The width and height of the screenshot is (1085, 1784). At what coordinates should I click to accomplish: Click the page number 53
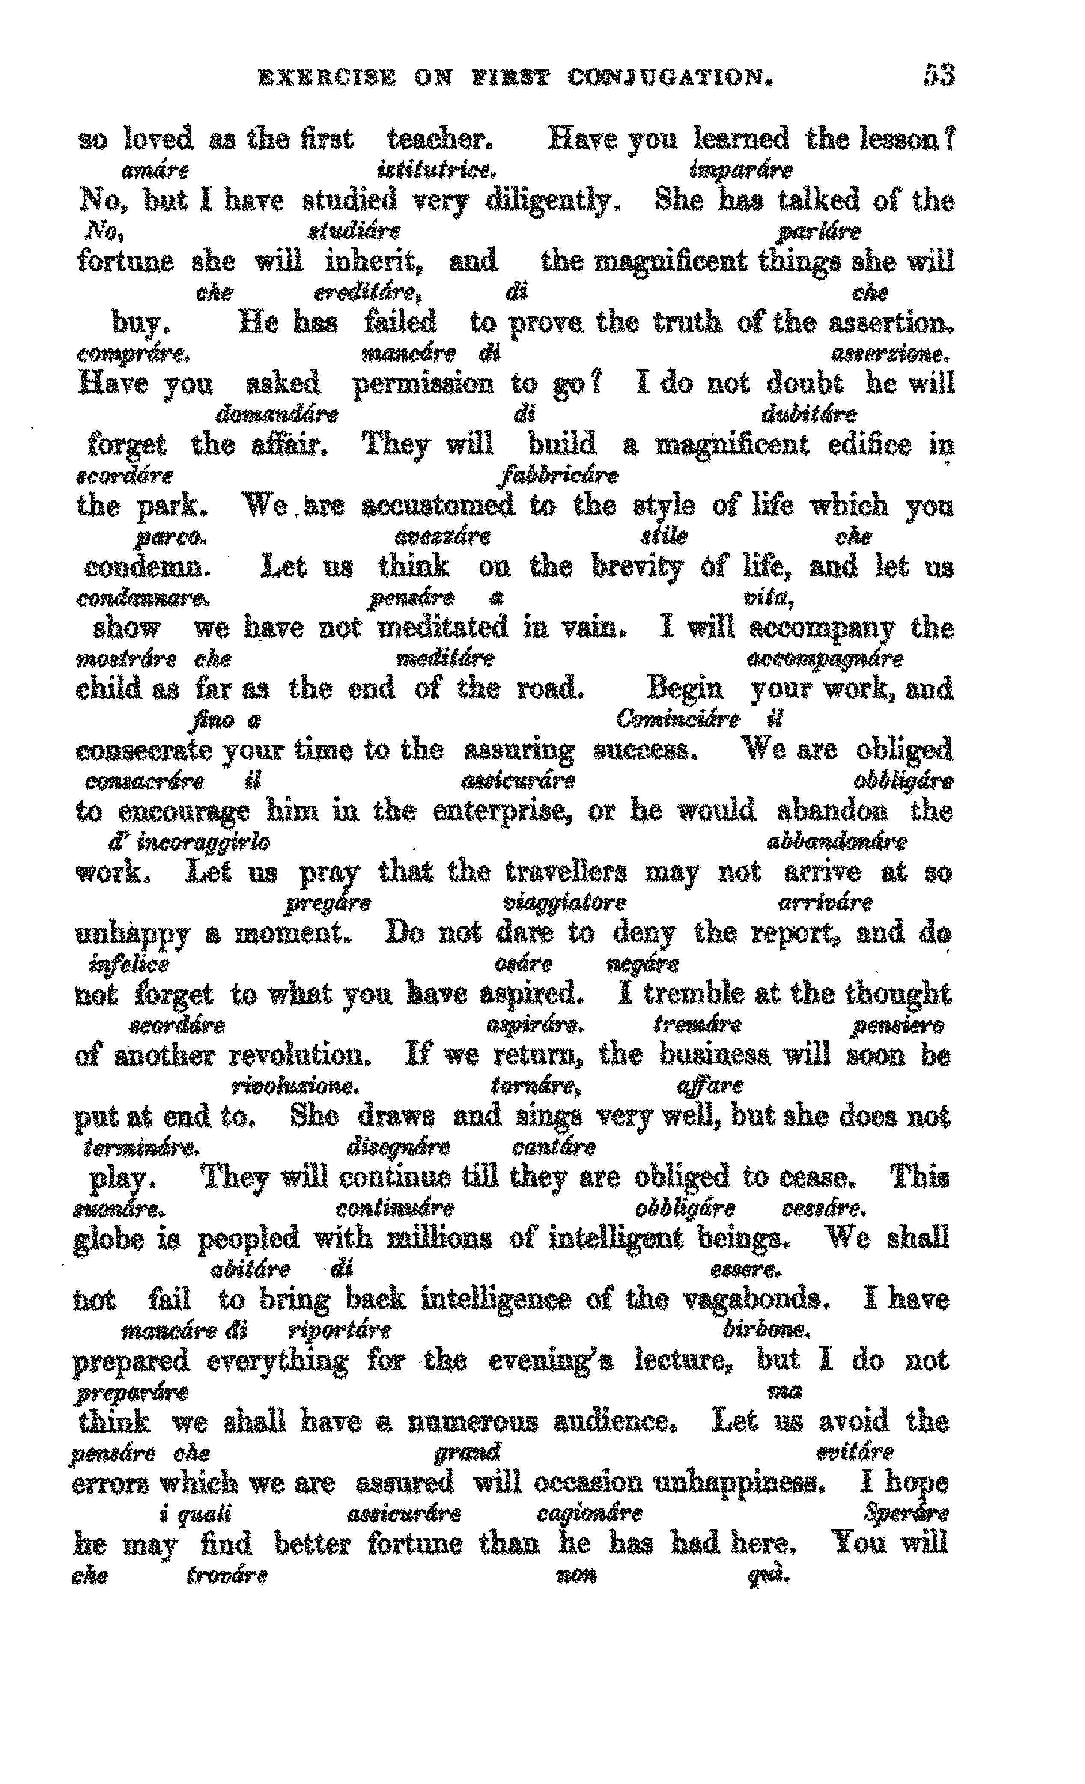[x=939, y=75]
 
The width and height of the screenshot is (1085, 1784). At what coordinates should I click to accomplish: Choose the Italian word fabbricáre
[x=558, y=476]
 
